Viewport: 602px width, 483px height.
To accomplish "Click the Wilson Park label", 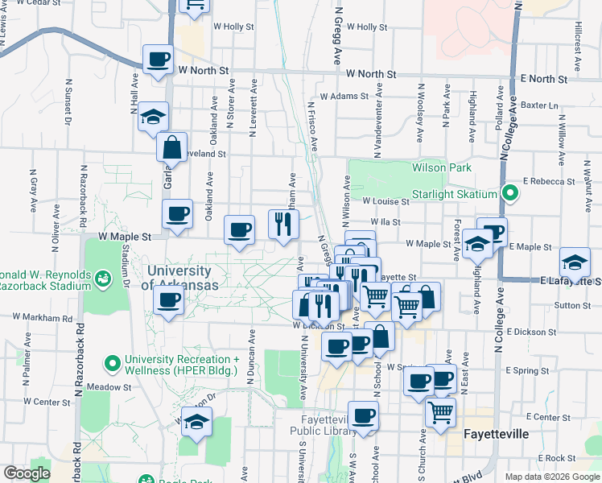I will pyautogui.click(x=441, y=167).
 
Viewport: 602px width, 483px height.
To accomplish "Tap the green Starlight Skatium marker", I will pyautogui.click(x=509, y=193).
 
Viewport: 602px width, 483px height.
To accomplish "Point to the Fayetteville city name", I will pyautogui.click(x=497, y=434).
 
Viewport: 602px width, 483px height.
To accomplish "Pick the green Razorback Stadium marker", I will pyautogui.click(x=102, y=279).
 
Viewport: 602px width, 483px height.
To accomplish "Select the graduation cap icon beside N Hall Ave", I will pyautogui.click(x=152, y=117).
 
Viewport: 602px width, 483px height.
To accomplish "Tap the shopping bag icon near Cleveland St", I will pyautogui.click(x=171, y=147).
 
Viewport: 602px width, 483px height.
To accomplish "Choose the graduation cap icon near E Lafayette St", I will pyautogui.click(x=575, y=262).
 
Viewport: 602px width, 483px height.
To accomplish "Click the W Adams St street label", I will pyautogui.click(x=344, y=96).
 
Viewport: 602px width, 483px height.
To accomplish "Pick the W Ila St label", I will pyautogui.click(x=386, y=222).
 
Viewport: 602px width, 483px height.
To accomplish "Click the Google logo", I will pyautogui.click(x=27, y=473).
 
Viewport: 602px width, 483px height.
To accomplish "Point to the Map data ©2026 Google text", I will pyautogui.click(x=551, y=477).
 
